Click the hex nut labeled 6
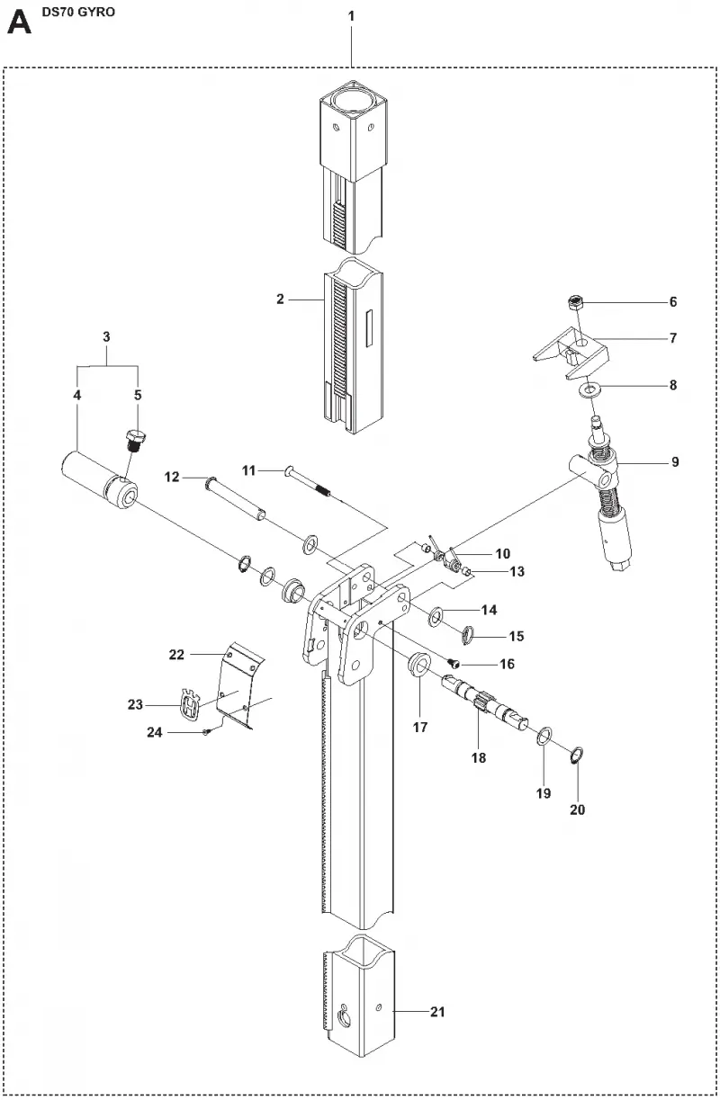coord(575,302)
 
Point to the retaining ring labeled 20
coord(578,756)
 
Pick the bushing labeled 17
coord(419,664)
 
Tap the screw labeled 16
coord(454,664)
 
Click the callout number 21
coord(437,1012)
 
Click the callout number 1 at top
coord(351,16)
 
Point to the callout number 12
coord(172,477)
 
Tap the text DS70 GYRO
coord(78,12)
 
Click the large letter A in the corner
coord(20,23)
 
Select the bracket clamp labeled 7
coord(571,353)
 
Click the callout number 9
coord(675,462)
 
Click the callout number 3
coord(106,337)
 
